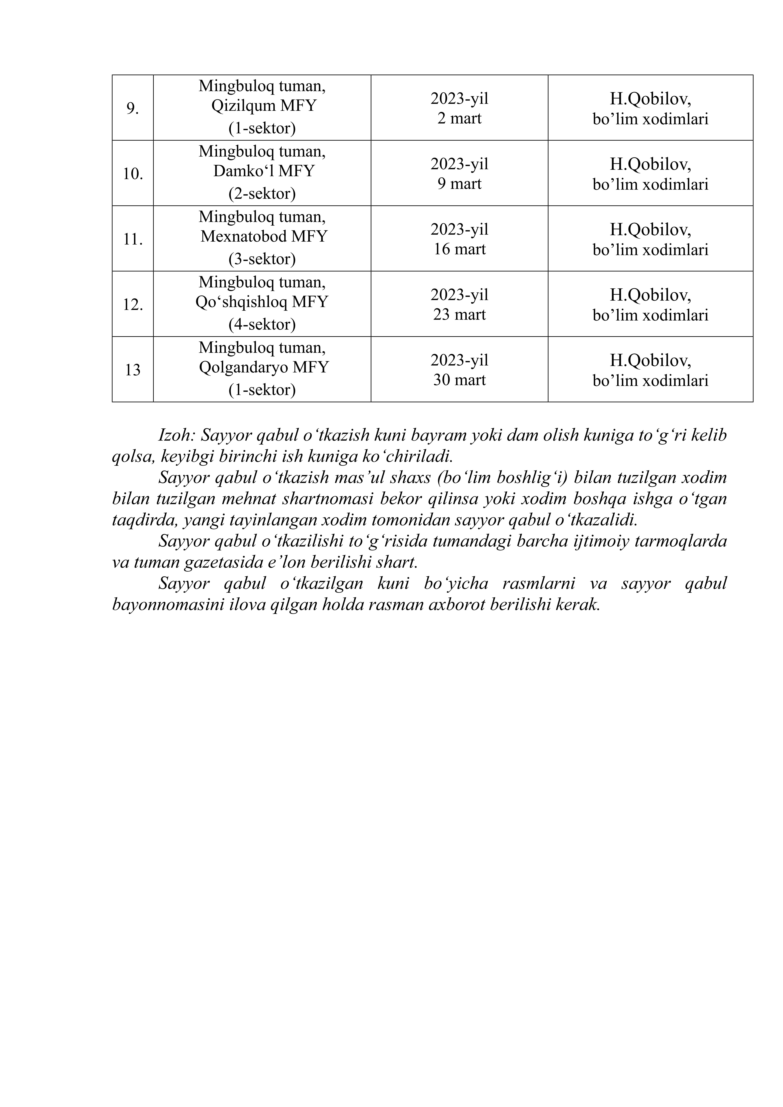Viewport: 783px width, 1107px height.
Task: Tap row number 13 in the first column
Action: point(133,370)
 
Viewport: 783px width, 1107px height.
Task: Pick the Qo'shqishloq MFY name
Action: point(262,302)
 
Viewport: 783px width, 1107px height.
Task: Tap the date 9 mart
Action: point(459,184)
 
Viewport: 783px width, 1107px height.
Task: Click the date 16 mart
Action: point(459,249)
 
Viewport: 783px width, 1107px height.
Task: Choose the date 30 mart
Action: point(459,380)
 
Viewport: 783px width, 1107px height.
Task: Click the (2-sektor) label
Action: point(262,194)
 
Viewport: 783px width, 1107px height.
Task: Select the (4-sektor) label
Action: point(262,325)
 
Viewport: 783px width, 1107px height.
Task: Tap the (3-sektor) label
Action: point(262,259)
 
